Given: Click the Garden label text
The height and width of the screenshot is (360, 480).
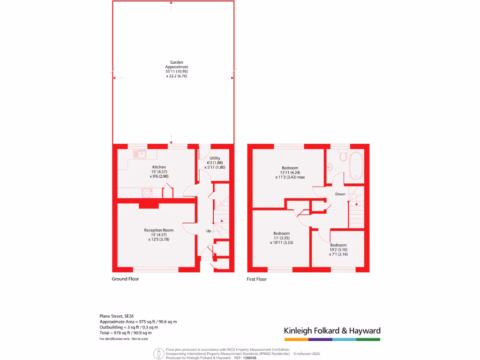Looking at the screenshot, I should [x=173, y=62].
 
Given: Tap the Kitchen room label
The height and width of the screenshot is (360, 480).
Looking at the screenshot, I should [x=159, y=167].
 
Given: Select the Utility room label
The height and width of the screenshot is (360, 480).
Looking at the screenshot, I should [x=215, y=158].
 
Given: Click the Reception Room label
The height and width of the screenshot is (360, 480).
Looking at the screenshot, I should [x=158, y=230].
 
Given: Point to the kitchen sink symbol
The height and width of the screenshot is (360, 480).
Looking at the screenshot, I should [x=139, y=153].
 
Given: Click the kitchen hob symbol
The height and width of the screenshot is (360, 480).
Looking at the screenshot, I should [x=147, y=192].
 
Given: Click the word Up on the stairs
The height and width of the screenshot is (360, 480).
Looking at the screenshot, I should [x=209, y=231].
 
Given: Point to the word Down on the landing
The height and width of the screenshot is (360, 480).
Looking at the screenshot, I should [x=340, y=194].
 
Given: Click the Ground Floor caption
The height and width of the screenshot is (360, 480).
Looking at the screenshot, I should [x=125, y=279].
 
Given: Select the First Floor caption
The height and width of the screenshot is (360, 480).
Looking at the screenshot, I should [x=257, y=279].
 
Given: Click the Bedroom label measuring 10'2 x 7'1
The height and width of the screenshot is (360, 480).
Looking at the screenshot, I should [x=338, y=245].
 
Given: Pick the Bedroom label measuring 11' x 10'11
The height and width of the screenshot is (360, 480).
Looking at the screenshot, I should [x=282, y=233].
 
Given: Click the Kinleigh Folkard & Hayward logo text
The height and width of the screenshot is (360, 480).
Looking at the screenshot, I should [x=332, y=330].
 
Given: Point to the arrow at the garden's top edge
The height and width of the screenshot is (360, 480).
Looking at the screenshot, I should [x=171, y=5].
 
